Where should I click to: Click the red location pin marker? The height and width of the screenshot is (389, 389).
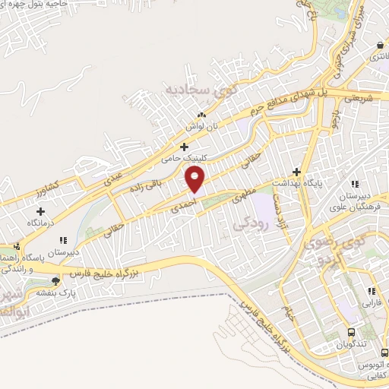pyautogui.click(x=196, y=179)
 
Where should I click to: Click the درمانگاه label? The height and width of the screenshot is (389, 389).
pyautogui.click(x=40, y=224)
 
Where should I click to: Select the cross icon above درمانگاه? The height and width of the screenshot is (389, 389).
pyautogui.click(x=40, y=211)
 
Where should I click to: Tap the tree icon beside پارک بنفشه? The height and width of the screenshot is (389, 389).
pyautogui.click(x=55, y=281)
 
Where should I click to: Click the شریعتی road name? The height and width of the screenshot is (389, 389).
pyautogui.click(x=360, y=98)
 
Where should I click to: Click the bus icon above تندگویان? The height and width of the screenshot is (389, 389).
pyautogui.click(x=351, y=333)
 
